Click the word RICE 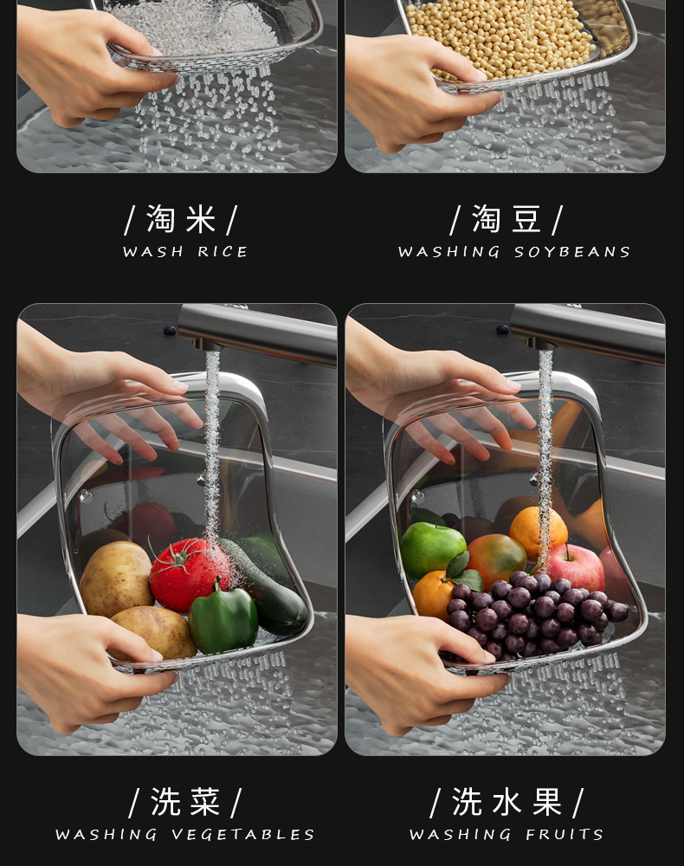click(223, 252)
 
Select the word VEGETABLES click(242, 835)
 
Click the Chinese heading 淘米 click(181, 219)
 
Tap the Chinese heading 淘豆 click(507, 219)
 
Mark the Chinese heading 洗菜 click(185, 802)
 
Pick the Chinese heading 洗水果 click(507, 802)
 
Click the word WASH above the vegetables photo click(153, 252)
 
